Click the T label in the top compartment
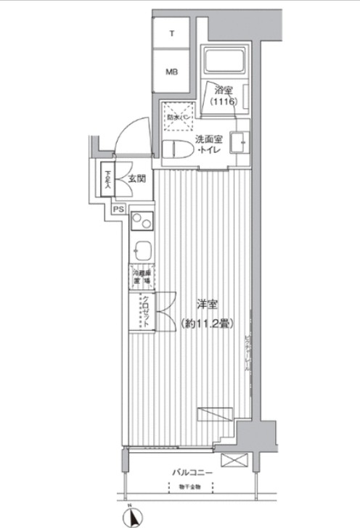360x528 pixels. (x=172, y=33)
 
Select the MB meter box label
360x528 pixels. (x=172, y=72)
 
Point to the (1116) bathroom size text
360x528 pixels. (x=224, y=103)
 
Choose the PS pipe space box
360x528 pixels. (x=118, y=210)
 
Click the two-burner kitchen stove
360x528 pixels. (x=141, y=223)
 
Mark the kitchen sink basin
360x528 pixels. (x=142, y=250)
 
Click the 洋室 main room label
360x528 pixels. (x=205, y=305)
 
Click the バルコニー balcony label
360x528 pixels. (x=192, y=472)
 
